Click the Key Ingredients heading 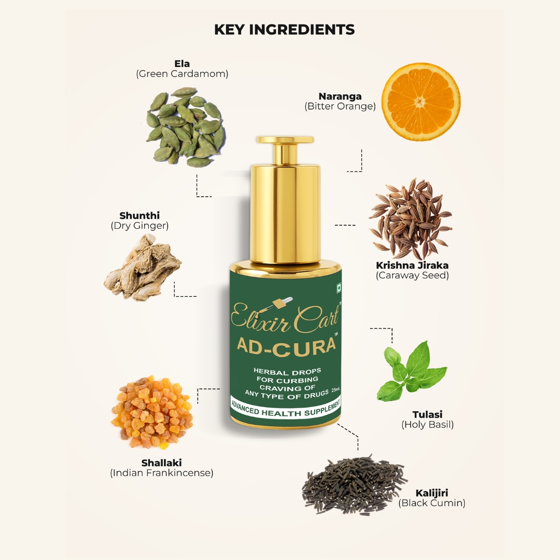(284, 30)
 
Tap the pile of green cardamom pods (185, 127)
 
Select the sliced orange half (421, 102)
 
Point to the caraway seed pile (411, 219)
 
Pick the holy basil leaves (411, 371)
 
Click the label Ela (182, 64)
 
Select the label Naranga (340, 96)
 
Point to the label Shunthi (139, 216)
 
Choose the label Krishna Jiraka (412, 265)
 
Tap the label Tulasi (427, 415)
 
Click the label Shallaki (161, 463)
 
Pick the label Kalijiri (432, 493)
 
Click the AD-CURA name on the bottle (286, 345)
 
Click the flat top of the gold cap (285, 139)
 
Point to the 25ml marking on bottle (335, 389)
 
